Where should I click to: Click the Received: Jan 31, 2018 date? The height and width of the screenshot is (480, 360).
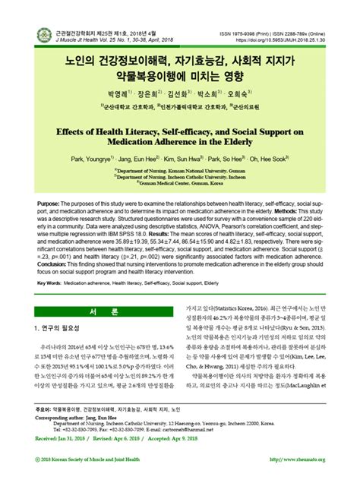coord(73,439)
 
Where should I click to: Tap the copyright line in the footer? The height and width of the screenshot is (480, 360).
coord(92,459)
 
